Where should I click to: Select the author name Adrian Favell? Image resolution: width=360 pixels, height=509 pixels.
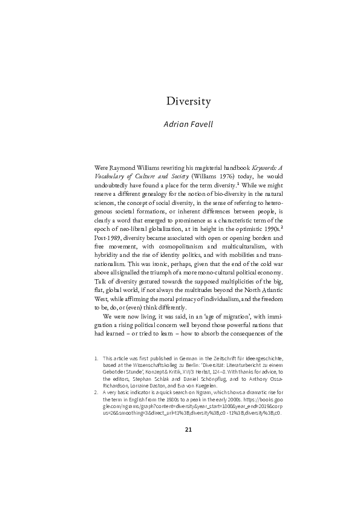coord(188,125)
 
